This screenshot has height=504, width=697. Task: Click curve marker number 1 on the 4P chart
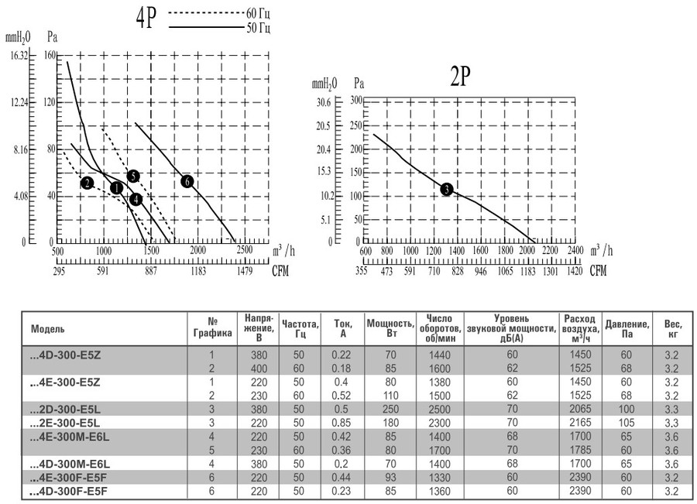tap(116, 188)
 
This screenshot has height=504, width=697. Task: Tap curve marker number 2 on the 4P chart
tap(87, 183)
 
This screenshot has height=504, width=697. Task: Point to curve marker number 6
tap(186, 181)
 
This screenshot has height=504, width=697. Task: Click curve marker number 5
tap(133, 177)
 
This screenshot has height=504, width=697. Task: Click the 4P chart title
tap(146, 19)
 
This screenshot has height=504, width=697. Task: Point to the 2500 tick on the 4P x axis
tap(244, 252)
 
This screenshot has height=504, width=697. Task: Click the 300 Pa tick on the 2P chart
tap(357, 101)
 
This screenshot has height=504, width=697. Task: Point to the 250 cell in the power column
tap(387, 410)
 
